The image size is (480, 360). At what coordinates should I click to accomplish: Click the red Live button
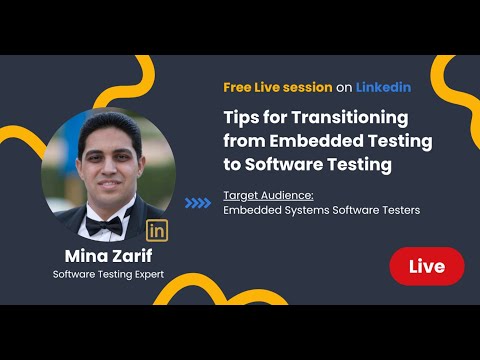[427, 266]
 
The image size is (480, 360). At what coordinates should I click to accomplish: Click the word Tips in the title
[244, 116]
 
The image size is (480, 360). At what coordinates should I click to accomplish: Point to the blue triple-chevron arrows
[199, 202]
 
